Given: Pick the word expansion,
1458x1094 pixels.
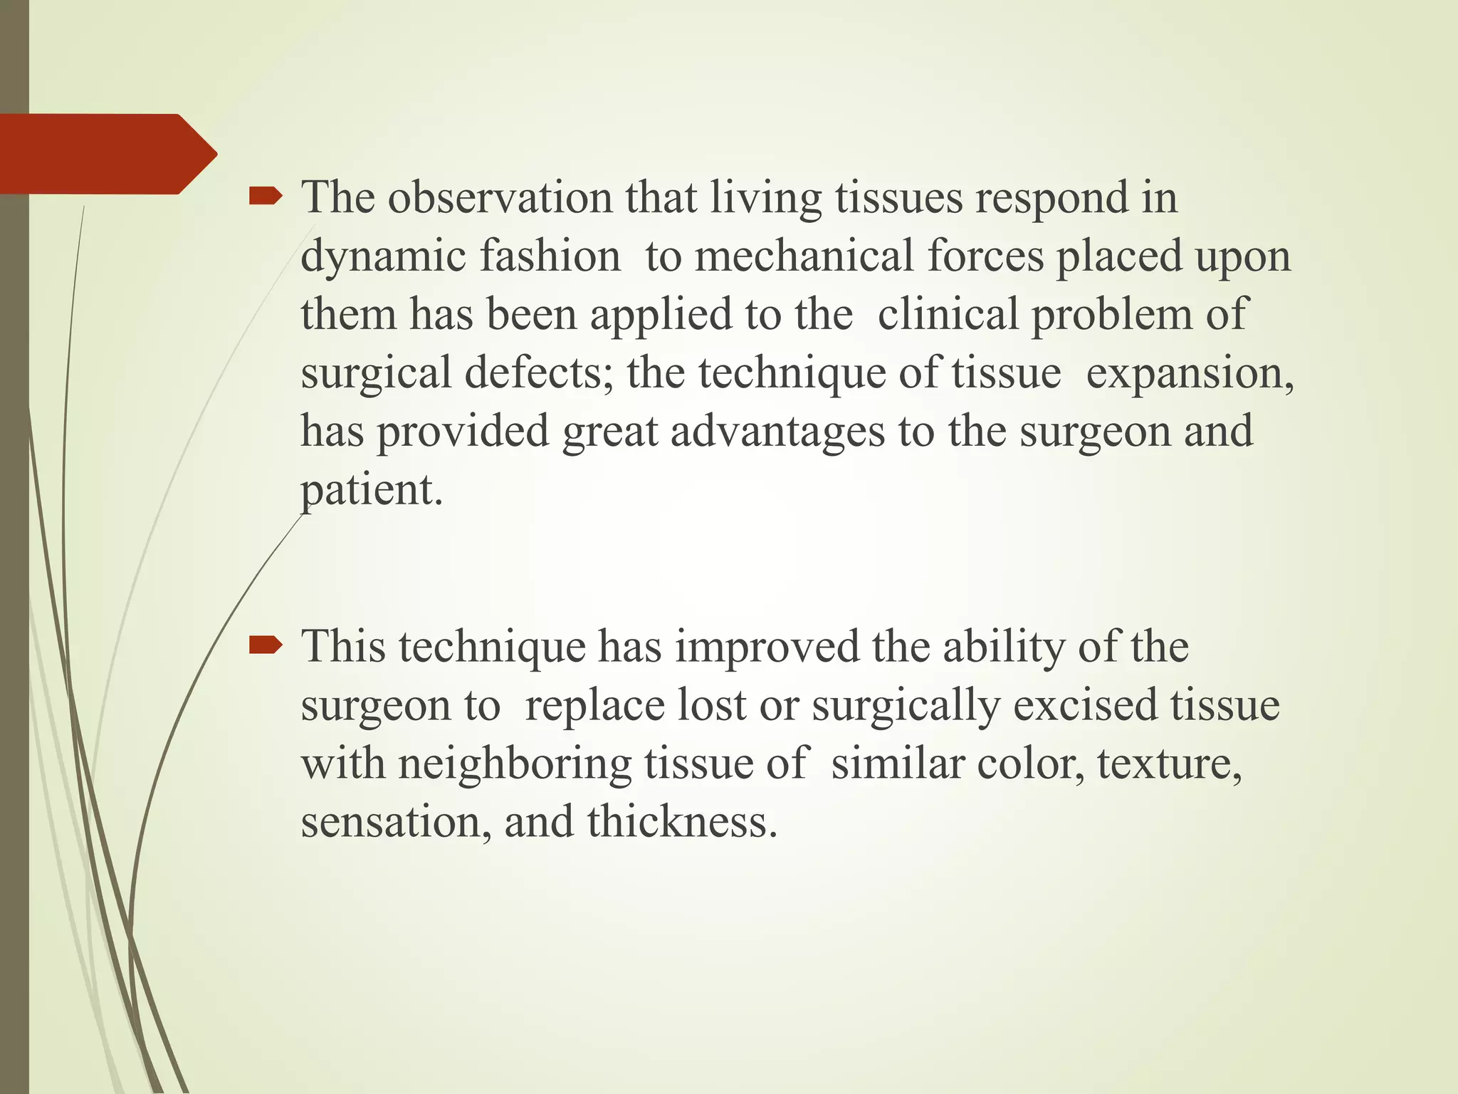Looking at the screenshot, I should (x=1190, y=373).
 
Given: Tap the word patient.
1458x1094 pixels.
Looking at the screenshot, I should (x=371, y=491).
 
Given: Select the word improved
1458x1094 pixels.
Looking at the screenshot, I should (x=767, y=647).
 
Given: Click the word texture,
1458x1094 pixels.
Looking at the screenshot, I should (x=1170, y=764).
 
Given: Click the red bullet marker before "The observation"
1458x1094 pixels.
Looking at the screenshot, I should (x=265, y=197).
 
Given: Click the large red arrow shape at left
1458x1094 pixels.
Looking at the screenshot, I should (x=100, y=154).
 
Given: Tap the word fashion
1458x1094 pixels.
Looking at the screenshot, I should (x=550, y=256).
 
